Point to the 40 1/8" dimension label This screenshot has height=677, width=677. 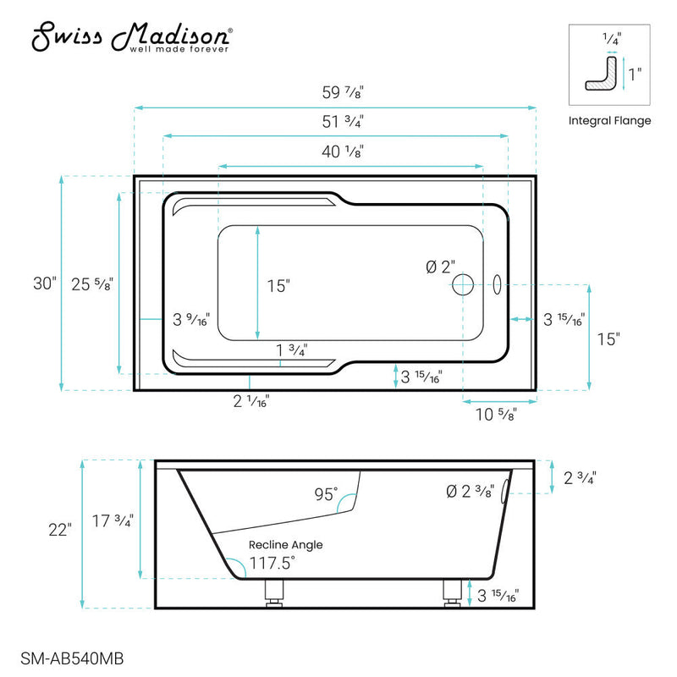pyautogui.click(x=349, y=152)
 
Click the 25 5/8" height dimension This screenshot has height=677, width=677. pyautogui.click(x=94, y=283)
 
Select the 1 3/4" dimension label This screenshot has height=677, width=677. pyautogui.click(x=291, y=350)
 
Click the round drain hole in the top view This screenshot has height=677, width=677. pyautogui.click(x=463, y=284)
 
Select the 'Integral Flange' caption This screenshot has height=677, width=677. pyautogui.click(x=609, y=120)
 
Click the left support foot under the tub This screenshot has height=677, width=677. pyautogui.click(x=272, y=592)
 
